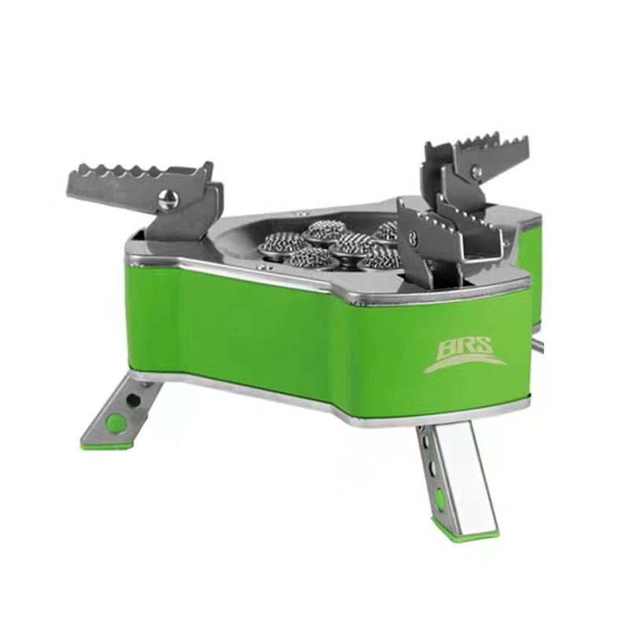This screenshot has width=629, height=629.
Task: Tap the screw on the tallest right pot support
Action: pyautogui.click(x=476, y=172)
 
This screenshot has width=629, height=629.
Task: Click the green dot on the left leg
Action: pyautogui.click(x=115, y=421)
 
